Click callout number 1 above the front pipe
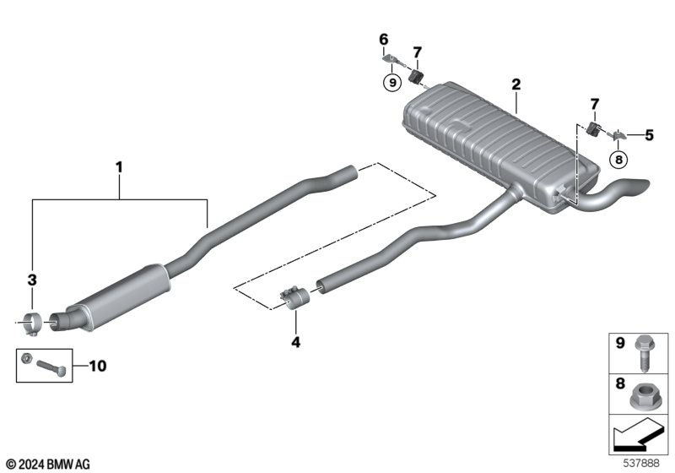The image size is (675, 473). tap(119, 167)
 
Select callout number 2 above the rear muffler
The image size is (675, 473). tap(516, 84)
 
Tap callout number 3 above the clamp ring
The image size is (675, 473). tap(32, 278)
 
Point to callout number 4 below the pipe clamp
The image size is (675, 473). tap(295, 343)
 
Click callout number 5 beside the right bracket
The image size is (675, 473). tap(649, 133)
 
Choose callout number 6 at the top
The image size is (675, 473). tap(384, 40)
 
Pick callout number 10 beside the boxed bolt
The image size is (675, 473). tap(98, 367)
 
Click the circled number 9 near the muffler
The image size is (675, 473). tap(391, 83)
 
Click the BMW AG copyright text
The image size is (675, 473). tap(47, 464)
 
